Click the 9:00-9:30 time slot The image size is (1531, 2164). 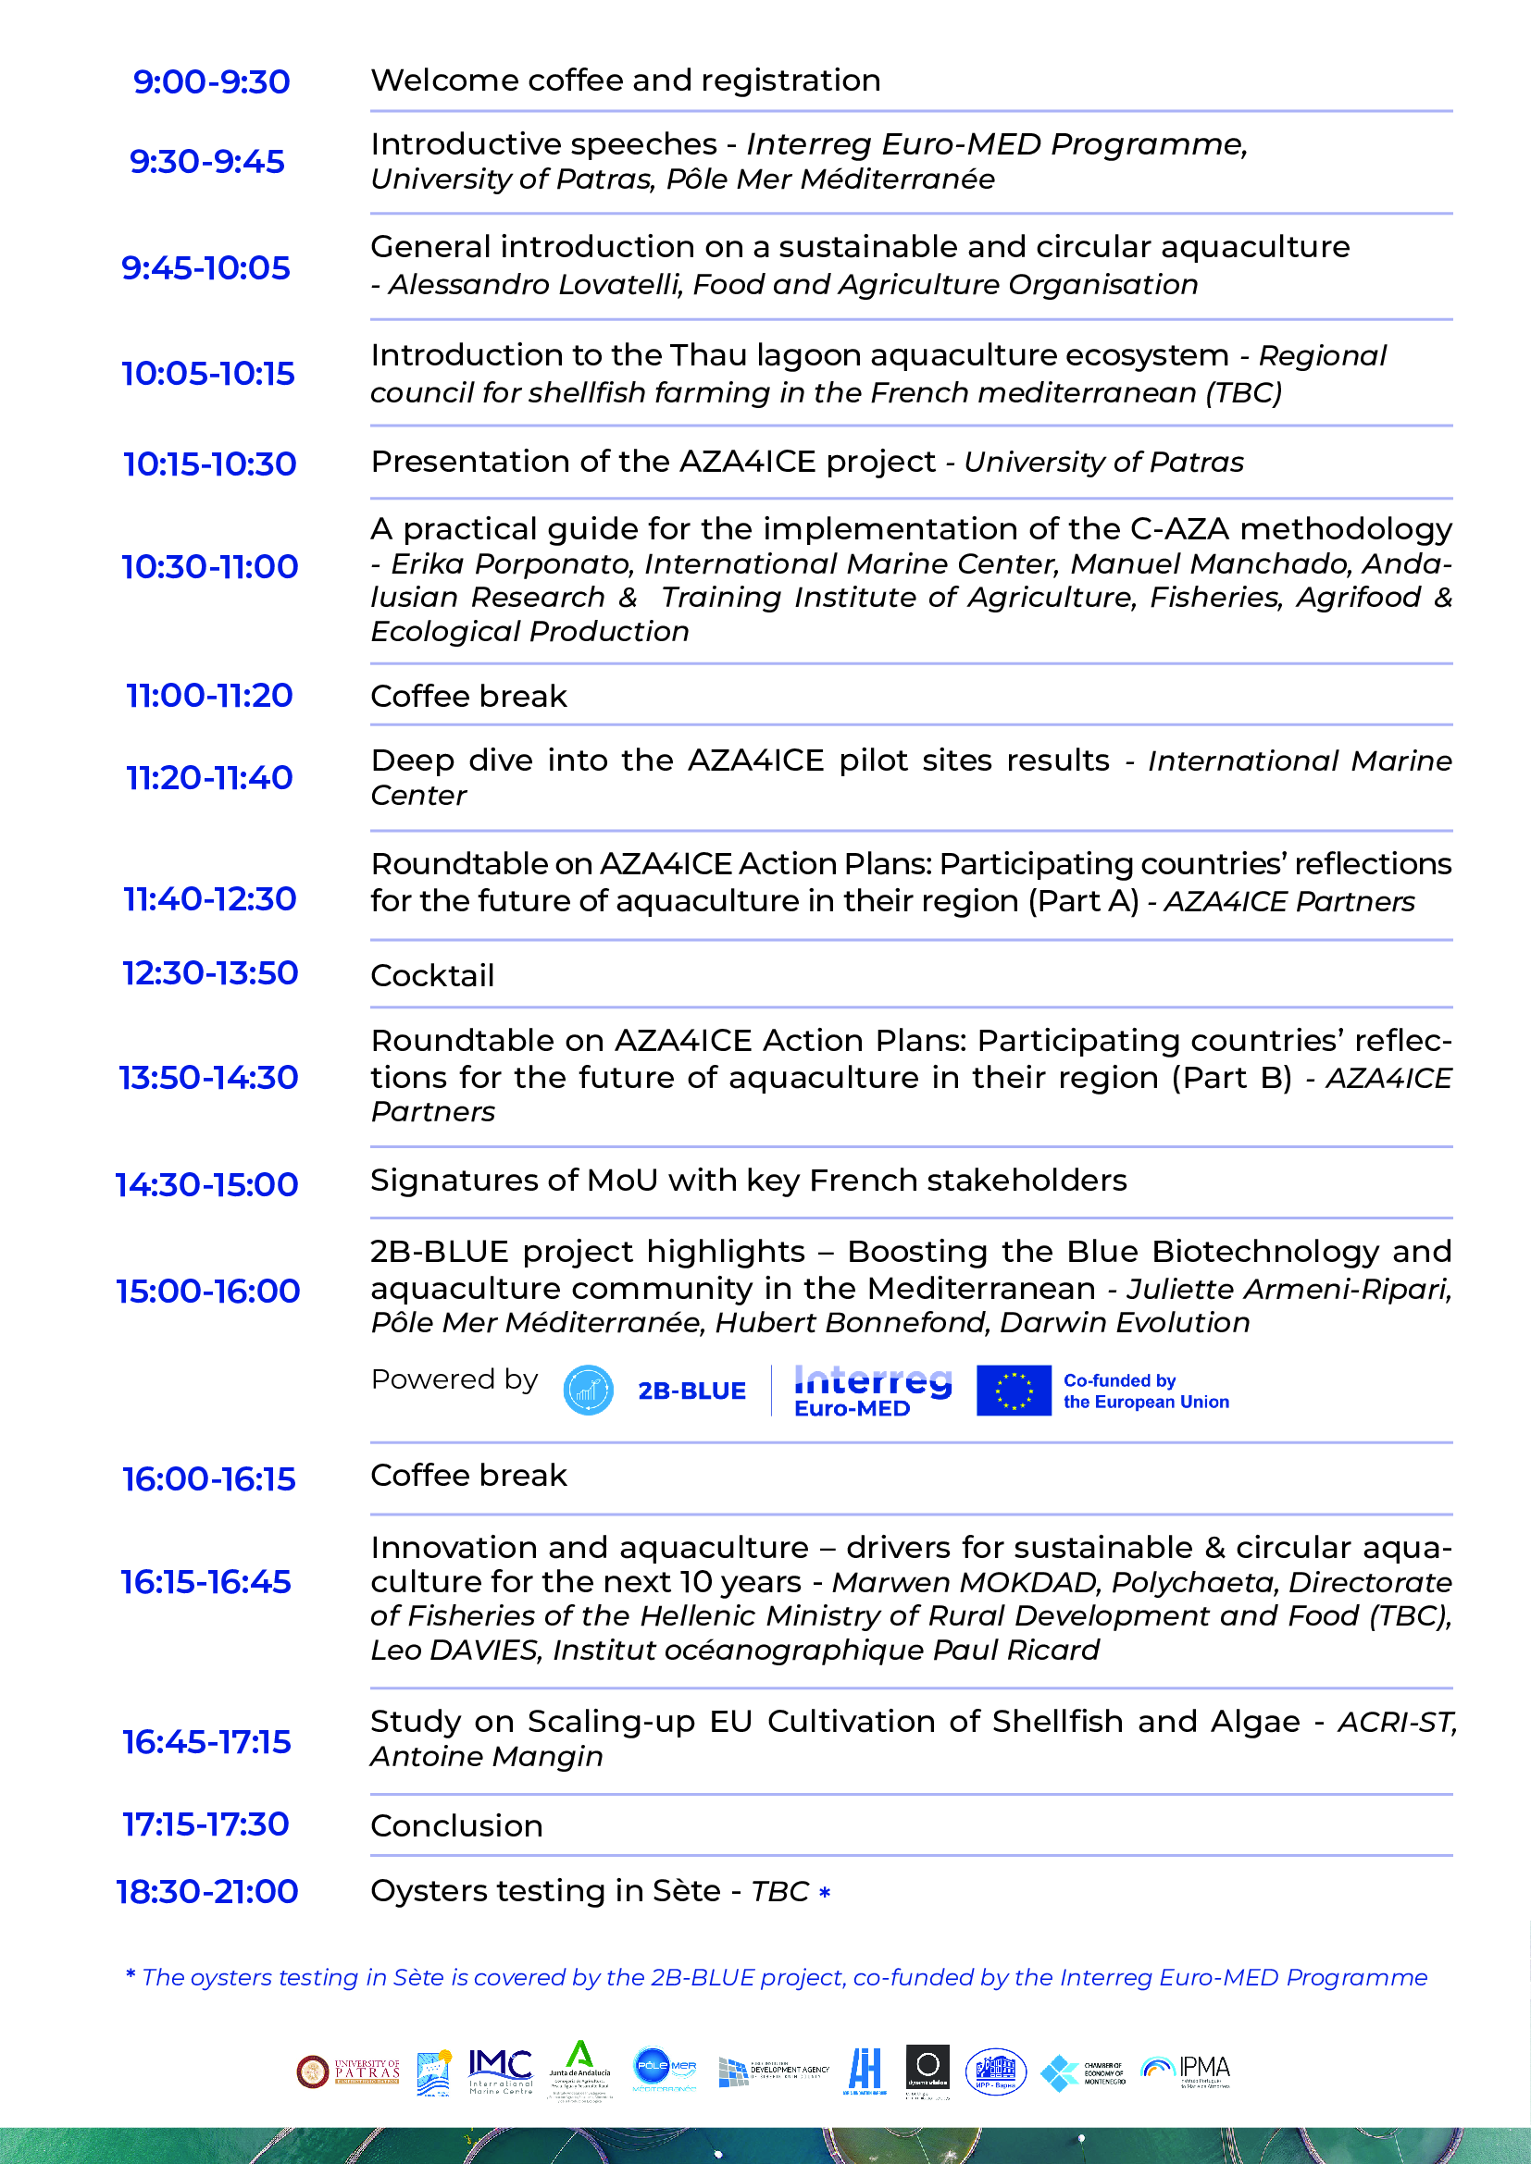pos(211,82)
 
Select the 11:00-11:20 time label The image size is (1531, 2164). pos(209,696)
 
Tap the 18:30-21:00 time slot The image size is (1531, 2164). pos(207,1891)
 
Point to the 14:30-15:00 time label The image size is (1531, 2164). pos(206,1184)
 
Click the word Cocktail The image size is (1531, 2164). pos(431,975)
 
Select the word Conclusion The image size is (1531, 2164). pos(456,1825)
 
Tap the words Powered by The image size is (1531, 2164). pos(454,1379)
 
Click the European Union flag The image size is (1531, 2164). pos(1014,1391)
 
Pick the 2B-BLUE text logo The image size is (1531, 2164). pos(691,1391)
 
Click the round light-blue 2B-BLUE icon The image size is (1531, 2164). pos(589,1391)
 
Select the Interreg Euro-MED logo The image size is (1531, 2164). pos(872,1391)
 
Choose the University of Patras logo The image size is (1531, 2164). pos(348,2071)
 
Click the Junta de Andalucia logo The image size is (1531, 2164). pos(579,2070)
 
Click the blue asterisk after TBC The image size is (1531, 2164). pos(825,1892)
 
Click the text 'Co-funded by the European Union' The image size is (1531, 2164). pos(1145,1391)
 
